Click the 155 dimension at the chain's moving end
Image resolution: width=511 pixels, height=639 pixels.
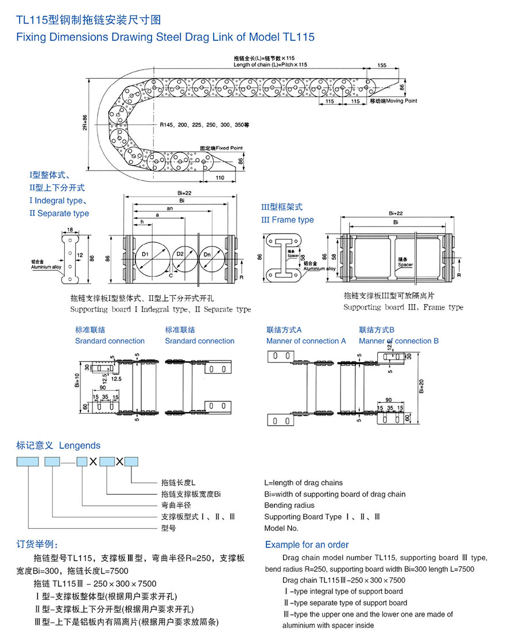point(382,65)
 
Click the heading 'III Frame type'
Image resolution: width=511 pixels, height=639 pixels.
point(287,220)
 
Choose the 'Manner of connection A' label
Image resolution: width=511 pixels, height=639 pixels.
point(306,341)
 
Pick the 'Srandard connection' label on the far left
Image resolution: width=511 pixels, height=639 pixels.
point(110,341)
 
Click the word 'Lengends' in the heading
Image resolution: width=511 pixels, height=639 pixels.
point(79,445)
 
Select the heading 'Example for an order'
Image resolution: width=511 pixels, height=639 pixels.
point(307,544)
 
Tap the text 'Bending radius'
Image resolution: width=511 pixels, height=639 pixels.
point(289,505)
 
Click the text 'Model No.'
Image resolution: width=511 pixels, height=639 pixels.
point(281,528)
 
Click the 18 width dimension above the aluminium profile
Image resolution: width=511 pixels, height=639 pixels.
point(69,230)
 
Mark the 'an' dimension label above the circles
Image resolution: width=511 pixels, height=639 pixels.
point(169,209)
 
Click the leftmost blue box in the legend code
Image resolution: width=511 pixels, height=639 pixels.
point(28,461)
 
